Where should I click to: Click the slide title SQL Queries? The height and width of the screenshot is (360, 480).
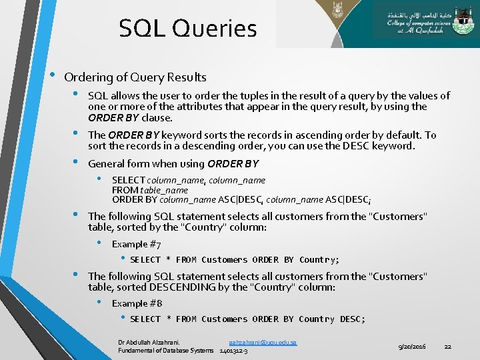[187, 29]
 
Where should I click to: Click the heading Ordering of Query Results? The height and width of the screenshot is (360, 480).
[135, 77]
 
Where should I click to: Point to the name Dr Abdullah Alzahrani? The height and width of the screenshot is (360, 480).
[149, 342]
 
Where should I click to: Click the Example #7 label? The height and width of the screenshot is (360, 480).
[136, 245]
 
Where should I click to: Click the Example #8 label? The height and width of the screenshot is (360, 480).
[136, 304]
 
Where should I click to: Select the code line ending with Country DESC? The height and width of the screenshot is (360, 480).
[247, 319]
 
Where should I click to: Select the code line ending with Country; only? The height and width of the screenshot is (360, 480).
[235, 260]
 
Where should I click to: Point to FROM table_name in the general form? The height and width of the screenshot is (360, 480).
[150, 189]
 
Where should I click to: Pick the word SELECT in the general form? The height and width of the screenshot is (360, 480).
[129, 180]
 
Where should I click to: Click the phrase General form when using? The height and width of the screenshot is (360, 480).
[147, 164]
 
